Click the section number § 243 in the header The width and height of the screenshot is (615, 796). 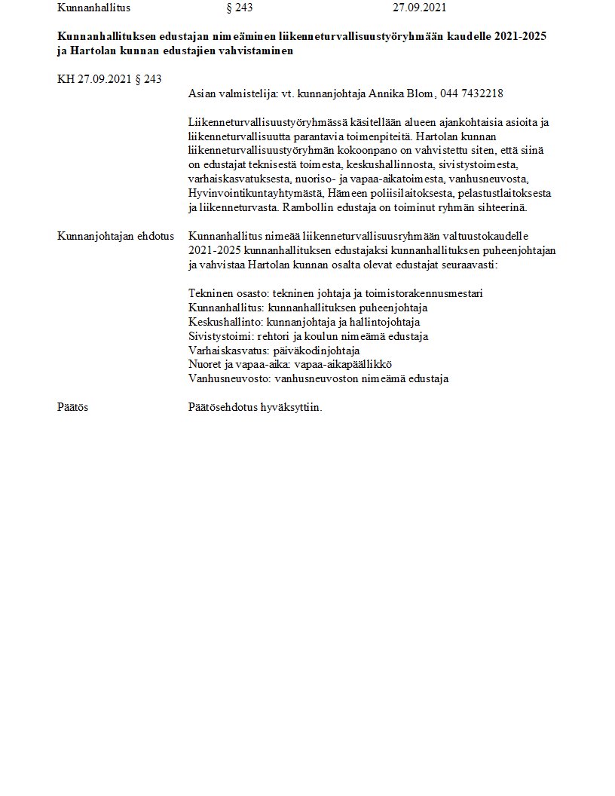coord(239,8)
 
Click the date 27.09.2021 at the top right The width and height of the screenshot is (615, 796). coord(419,8)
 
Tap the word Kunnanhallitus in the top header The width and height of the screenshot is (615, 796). coord(93,8)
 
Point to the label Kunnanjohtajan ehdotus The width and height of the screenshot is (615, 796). coord(105,236)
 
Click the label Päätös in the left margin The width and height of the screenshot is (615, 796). coord(73,407)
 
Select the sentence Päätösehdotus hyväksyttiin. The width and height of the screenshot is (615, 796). coord(255,407)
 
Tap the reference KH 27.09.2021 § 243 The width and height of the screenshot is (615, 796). coord(109,79)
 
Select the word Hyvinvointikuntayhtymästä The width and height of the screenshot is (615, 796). coord(252,193)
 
